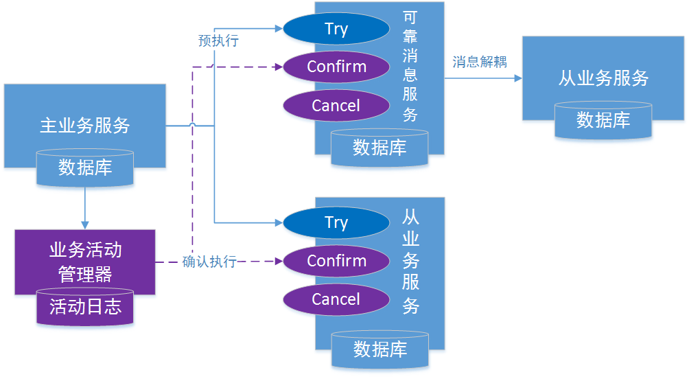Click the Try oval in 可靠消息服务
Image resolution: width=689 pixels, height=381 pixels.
tap(336, 29)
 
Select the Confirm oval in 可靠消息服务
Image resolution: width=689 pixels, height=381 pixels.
tap(336, 67)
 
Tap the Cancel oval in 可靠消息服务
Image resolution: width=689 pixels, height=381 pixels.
tap(336, 106)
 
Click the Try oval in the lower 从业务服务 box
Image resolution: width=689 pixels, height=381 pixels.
tap(336, 222)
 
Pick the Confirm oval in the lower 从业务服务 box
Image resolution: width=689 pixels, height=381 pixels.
tap(336, 261)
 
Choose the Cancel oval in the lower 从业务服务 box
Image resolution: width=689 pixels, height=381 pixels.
tap(336, 299)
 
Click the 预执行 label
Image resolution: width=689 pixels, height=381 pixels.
tap(218, 41)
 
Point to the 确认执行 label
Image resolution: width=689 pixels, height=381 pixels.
tap(209, 262)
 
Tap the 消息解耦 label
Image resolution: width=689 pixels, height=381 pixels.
tap(480, 62)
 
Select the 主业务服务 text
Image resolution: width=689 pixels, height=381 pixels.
tap(85, 126)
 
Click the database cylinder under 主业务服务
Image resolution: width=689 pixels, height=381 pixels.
tap(85, 168)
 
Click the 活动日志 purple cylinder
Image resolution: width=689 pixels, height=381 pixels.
tap(85, 307)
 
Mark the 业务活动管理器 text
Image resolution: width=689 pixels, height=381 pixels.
tap(85, 262)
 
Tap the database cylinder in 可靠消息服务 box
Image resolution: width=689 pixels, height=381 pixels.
tap(379, 148)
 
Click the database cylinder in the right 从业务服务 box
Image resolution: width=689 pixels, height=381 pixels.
tap(603, 121)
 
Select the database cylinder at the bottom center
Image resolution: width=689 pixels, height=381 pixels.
tap(379, 349)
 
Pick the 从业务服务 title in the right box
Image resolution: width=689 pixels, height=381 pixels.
tap(603, 78)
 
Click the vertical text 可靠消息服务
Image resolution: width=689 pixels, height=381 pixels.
tap(410, 67)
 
